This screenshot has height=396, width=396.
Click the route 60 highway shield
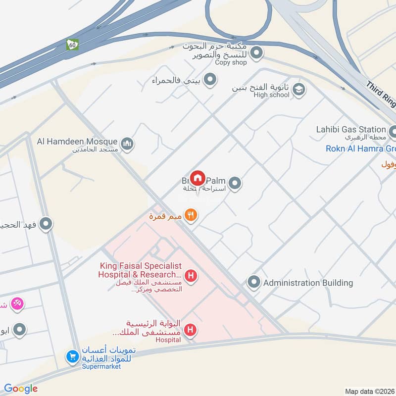[x=73, y=45]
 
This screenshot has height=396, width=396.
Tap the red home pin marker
[x=198, y=178]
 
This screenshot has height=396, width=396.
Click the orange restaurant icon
[x=191, y=215]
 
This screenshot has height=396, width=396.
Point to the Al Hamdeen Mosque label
[x=77, y=142]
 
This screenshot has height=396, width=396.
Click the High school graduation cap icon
[x=299, y=90]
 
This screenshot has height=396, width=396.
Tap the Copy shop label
[x=231, y=62]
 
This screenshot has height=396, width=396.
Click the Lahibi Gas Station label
[x=351, y=130]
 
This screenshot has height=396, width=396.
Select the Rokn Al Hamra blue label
[x=360, y=148]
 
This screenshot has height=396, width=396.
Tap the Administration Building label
[x=308, y=283]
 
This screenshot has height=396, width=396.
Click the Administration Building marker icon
[x=254, y=283]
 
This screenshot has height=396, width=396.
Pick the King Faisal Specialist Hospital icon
[x=190, y=275]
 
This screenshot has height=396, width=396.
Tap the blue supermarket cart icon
[x=73, y=356]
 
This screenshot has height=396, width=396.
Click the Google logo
[x=21, y=389]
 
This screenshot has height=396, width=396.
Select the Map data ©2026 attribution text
[x=369, y=391]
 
